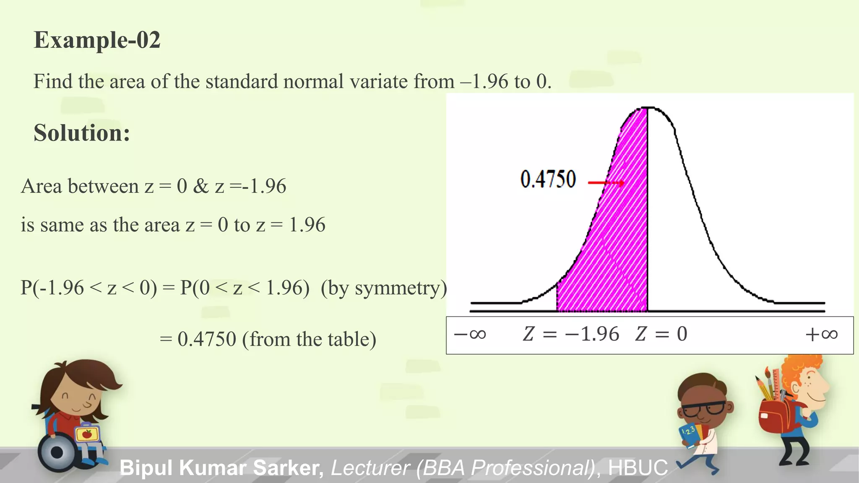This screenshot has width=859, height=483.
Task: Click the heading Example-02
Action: pyautogui.click(x=97, y=40)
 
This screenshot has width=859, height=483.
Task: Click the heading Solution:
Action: pyautogui.click(x=82, y=133)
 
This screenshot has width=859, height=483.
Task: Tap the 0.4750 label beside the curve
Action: pyautogui.click(x=548, y=179)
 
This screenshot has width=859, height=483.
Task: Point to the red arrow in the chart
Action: pyautogui.click(x=606, y=183)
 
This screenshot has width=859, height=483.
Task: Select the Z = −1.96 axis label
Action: pyautogui.click(x=571, y=334)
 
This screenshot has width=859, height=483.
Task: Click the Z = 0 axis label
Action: pyautogui.click(x=661, y=334)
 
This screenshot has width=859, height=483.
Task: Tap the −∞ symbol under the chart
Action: pyautogui.click(x=470, y=334)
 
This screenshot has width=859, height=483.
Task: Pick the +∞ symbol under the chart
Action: pyautogui.click(x=821, y=334)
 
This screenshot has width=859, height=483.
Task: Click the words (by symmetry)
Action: pyautogui.click(x=384, y=288)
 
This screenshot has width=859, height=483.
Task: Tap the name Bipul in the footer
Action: pyautogui.click(x=146, y=467)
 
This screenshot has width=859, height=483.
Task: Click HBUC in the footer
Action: pyautogui.click(x=638, y=467)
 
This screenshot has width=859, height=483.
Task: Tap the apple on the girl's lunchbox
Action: pyautogui.click(x=87, y=434)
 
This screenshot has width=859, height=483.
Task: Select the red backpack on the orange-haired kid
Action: pyautogui.click(x=776, y=417)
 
